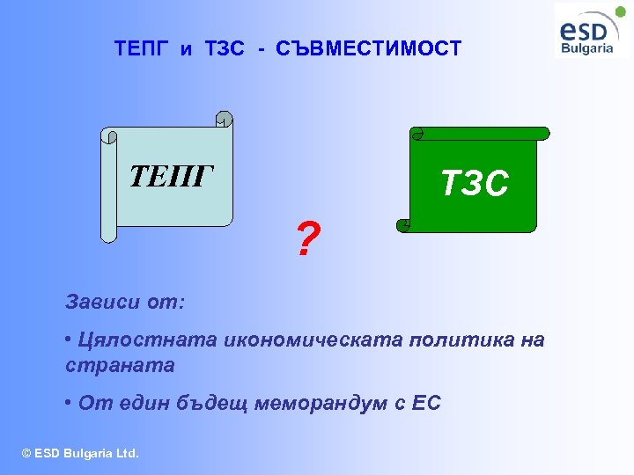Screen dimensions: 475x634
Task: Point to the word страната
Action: click(120, 364)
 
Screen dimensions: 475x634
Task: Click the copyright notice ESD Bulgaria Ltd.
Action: click(80, 453)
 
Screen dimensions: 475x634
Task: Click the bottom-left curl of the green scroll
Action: click(404, 225)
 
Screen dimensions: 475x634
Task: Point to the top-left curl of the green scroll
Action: click(417, 134)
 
